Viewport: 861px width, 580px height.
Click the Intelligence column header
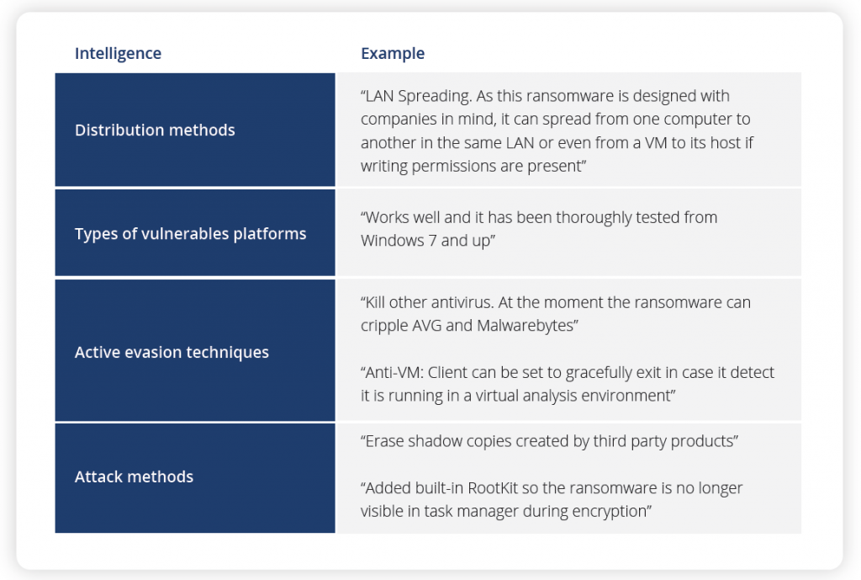point(118,54)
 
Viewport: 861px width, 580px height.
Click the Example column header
point(393,54)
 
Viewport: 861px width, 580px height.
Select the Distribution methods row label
point(155,130)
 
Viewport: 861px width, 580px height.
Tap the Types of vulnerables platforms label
point(190,233)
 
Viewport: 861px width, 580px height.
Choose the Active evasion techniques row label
point(172,353)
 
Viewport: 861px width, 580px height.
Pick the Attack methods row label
point(134,476)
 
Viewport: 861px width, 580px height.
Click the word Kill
point(379,302)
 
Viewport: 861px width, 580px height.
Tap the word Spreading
point(441,96)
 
